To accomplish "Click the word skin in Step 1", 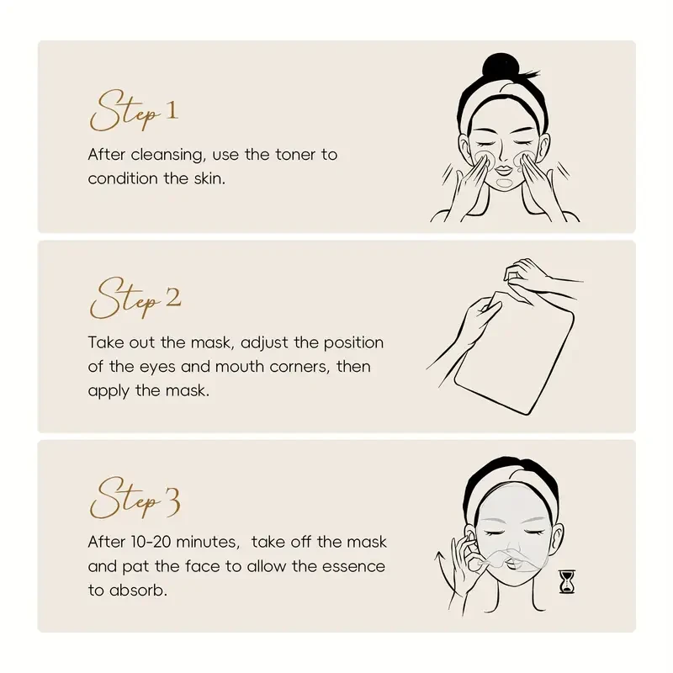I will pos(208,178).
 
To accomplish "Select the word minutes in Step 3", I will pos(212,543).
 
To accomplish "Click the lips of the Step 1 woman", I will pos(506,181).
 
